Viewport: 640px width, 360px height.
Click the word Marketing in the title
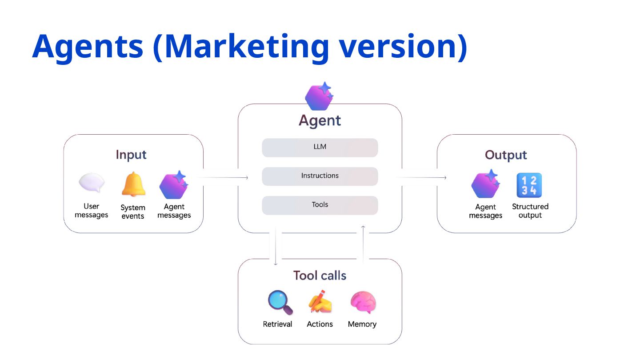tap(247, 47)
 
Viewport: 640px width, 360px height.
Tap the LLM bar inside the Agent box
tap(320, 148)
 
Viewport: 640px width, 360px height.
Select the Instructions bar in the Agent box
tap(320, 176)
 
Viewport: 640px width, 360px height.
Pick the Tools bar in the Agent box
tap(320, 205)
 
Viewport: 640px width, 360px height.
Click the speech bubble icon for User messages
tap(92, 183)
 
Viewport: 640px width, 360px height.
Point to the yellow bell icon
tap(133, 184)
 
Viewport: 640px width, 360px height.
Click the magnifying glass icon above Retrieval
tap(280, 303)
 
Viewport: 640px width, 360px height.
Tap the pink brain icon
tap(363, 303)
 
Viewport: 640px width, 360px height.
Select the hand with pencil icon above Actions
tap(320, 301)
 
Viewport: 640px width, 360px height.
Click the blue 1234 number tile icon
tap(529, 185)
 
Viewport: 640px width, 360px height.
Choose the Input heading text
tap(131, 155)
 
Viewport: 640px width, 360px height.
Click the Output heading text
tap(506, 155)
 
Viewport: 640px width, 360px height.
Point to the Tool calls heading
tap(320, 276)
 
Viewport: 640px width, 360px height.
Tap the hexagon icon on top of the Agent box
tap(320, 96)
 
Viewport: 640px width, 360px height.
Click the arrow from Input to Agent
tap(223, 177)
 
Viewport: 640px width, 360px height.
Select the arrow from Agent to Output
tap(421, 177)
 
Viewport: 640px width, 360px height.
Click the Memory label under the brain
tap(362, 324)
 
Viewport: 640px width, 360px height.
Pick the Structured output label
tap(530, 211)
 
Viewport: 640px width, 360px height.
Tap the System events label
tap(133, 212)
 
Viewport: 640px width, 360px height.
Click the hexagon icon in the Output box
tap(486, 184)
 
